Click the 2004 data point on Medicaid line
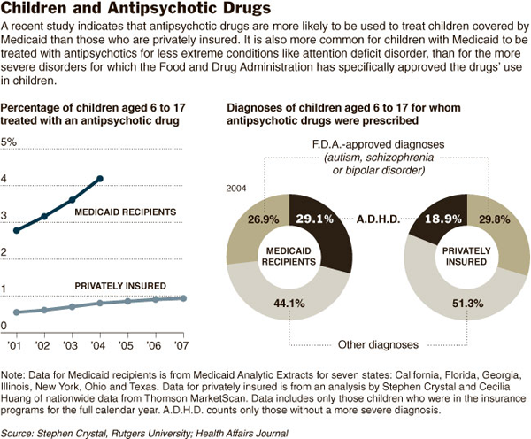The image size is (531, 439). [x=100, y=179]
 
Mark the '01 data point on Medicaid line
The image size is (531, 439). [x=17, y=230]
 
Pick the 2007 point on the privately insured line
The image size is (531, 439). [x=183, y=298]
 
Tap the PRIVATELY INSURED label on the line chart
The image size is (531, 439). [x=119, y=286]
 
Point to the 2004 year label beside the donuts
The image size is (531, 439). [x=235, y=189]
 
